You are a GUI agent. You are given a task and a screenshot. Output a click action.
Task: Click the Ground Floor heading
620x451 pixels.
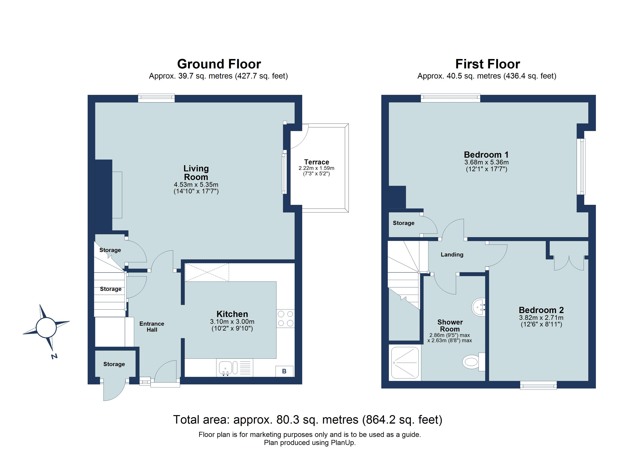(x=219, y=64)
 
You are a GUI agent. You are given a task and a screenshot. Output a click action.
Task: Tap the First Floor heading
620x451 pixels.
(x=487, y=64)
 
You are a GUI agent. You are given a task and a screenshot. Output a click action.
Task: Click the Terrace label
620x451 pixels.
(x=317, y=162)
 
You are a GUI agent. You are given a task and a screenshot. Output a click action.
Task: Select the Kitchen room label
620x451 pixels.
(x=232, y=314)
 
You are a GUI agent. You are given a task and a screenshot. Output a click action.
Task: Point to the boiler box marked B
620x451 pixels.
(x=284, y=371)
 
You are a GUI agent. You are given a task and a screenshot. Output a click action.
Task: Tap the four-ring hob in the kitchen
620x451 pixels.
(x=285, y=319)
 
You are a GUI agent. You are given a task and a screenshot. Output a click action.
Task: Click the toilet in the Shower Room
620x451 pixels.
(x=472, y=362)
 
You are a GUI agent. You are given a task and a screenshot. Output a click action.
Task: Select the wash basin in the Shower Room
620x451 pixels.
(x=479, y=307)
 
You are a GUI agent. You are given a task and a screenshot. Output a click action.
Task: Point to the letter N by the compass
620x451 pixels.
(x=54, y=356)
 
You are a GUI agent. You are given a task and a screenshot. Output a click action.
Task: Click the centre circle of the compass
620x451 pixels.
(x=46, y=327)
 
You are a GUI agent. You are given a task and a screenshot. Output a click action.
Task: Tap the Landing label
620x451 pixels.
(x=452, y=255)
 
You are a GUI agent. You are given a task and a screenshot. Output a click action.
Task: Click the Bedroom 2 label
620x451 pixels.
(x=541, y=310)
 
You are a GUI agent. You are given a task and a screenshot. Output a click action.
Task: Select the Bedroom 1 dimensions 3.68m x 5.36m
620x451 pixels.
(x=486, y=162)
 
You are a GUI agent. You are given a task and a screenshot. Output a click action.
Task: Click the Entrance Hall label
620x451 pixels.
(x=152, y=327)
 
